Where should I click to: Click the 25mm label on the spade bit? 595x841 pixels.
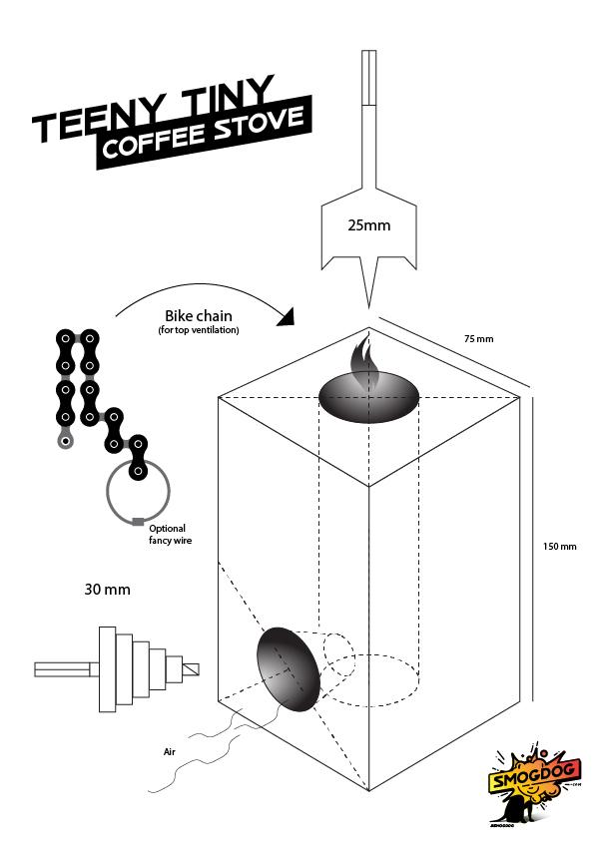click(x=368, y=225)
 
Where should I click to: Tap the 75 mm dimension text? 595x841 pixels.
click(x=478, y=339)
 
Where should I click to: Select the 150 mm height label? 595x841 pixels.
click(x=559, y=546)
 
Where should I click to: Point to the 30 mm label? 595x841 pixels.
click(x=107, y=590)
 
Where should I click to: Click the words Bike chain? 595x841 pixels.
click(x=198, y=315)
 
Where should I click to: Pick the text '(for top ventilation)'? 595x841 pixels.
click(x=199, y=330)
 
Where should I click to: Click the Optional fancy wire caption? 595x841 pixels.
click(x=170, y=534)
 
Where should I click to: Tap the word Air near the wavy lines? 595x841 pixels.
click(x=169, y=752)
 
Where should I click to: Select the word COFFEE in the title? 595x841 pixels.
click(x=154, y=141)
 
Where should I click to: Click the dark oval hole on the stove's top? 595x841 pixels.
click(x=368, y=397)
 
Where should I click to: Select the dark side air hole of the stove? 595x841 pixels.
click(x=289, y=669)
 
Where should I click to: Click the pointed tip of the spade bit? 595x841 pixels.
click(x=368, y=307)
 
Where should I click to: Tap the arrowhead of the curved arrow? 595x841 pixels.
click(x=287, y=318)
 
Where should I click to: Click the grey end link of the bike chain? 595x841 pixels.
click(x=65, y=440)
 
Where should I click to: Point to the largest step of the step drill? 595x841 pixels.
click(x=107, y=668)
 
